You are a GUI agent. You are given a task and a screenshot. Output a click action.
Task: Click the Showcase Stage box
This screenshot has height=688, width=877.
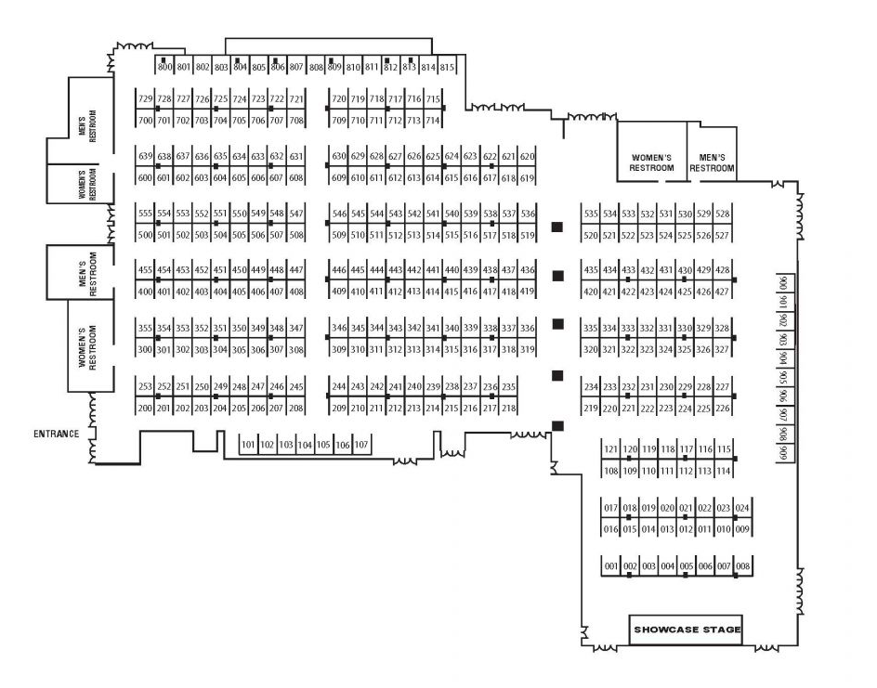(x=686, y=630)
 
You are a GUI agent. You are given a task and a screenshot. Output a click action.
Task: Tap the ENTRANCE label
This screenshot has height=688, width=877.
(x=57, y=434)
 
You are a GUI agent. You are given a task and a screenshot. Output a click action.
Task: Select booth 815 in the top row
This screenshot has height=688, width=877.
(x=447, y=66)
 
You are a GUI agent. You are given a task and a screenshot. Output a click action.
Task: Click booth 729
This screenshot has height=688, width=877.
(x=145, y=98)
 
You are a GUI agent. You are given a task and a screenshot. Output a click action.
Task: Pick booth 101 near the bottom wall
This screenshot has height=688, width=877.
(x=248, y=445)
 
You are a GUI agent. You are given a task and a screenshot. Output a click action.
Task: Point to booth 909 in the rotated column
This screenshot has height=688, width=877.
(x=783, y=452)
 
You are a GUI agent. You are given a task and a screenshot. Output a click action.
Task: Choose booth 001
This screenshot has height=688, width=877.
(x=610, y=565)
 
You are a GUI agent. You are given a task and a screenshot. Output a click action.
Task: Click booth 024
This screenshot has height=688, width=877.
(x=742, y=508)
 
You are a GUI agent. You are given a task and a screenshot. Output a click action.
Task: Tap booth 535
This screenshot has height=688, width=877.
(x=591, y=214)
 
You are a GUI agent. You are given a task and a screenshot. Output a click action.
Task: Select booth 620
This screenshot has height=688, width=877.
(x=527, y=156)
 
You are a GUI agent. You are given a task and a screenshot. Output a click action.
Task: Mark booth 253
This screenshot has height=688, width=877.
(x=145, y=386)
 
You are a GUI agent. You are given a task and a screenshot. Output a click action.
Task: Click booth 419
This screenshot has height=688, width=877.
(x=527, y=291)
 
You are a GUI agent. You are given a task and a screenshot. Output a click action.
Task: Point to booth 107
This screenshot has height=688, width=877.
(x=361, y=445)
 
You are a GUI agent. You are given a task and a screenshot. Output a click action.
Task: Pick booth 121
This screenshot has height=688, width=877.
(x=610, y=448)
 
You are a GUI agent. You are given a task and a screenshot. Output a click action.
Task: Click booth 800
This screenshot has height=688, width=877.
(x=164, y=66)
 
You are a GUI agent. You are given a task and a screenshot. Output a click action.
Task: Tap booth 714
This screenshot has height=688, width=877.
(x=432, y=120)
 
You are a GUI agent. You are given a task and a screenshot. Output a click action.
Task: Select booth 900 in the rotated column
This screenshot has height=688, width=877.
(x=783, y=283)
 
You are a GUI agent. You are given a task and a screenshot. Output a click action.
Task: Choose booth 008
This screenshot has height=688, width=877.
(x=742, y=565)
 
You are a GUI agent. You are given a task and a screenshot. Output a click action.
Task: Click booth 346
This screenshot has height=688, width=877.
(x=339, y=328)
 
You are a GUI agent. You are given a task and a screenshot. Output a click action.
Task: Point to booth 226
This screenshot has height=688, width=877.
(x=722, y=408)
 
